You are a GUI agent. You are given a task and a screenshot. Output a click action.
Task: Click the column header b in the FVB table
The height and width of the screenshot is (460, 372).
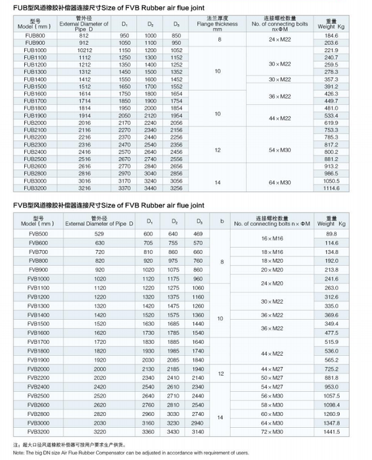pyautogui.click(x=222, y=221)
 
